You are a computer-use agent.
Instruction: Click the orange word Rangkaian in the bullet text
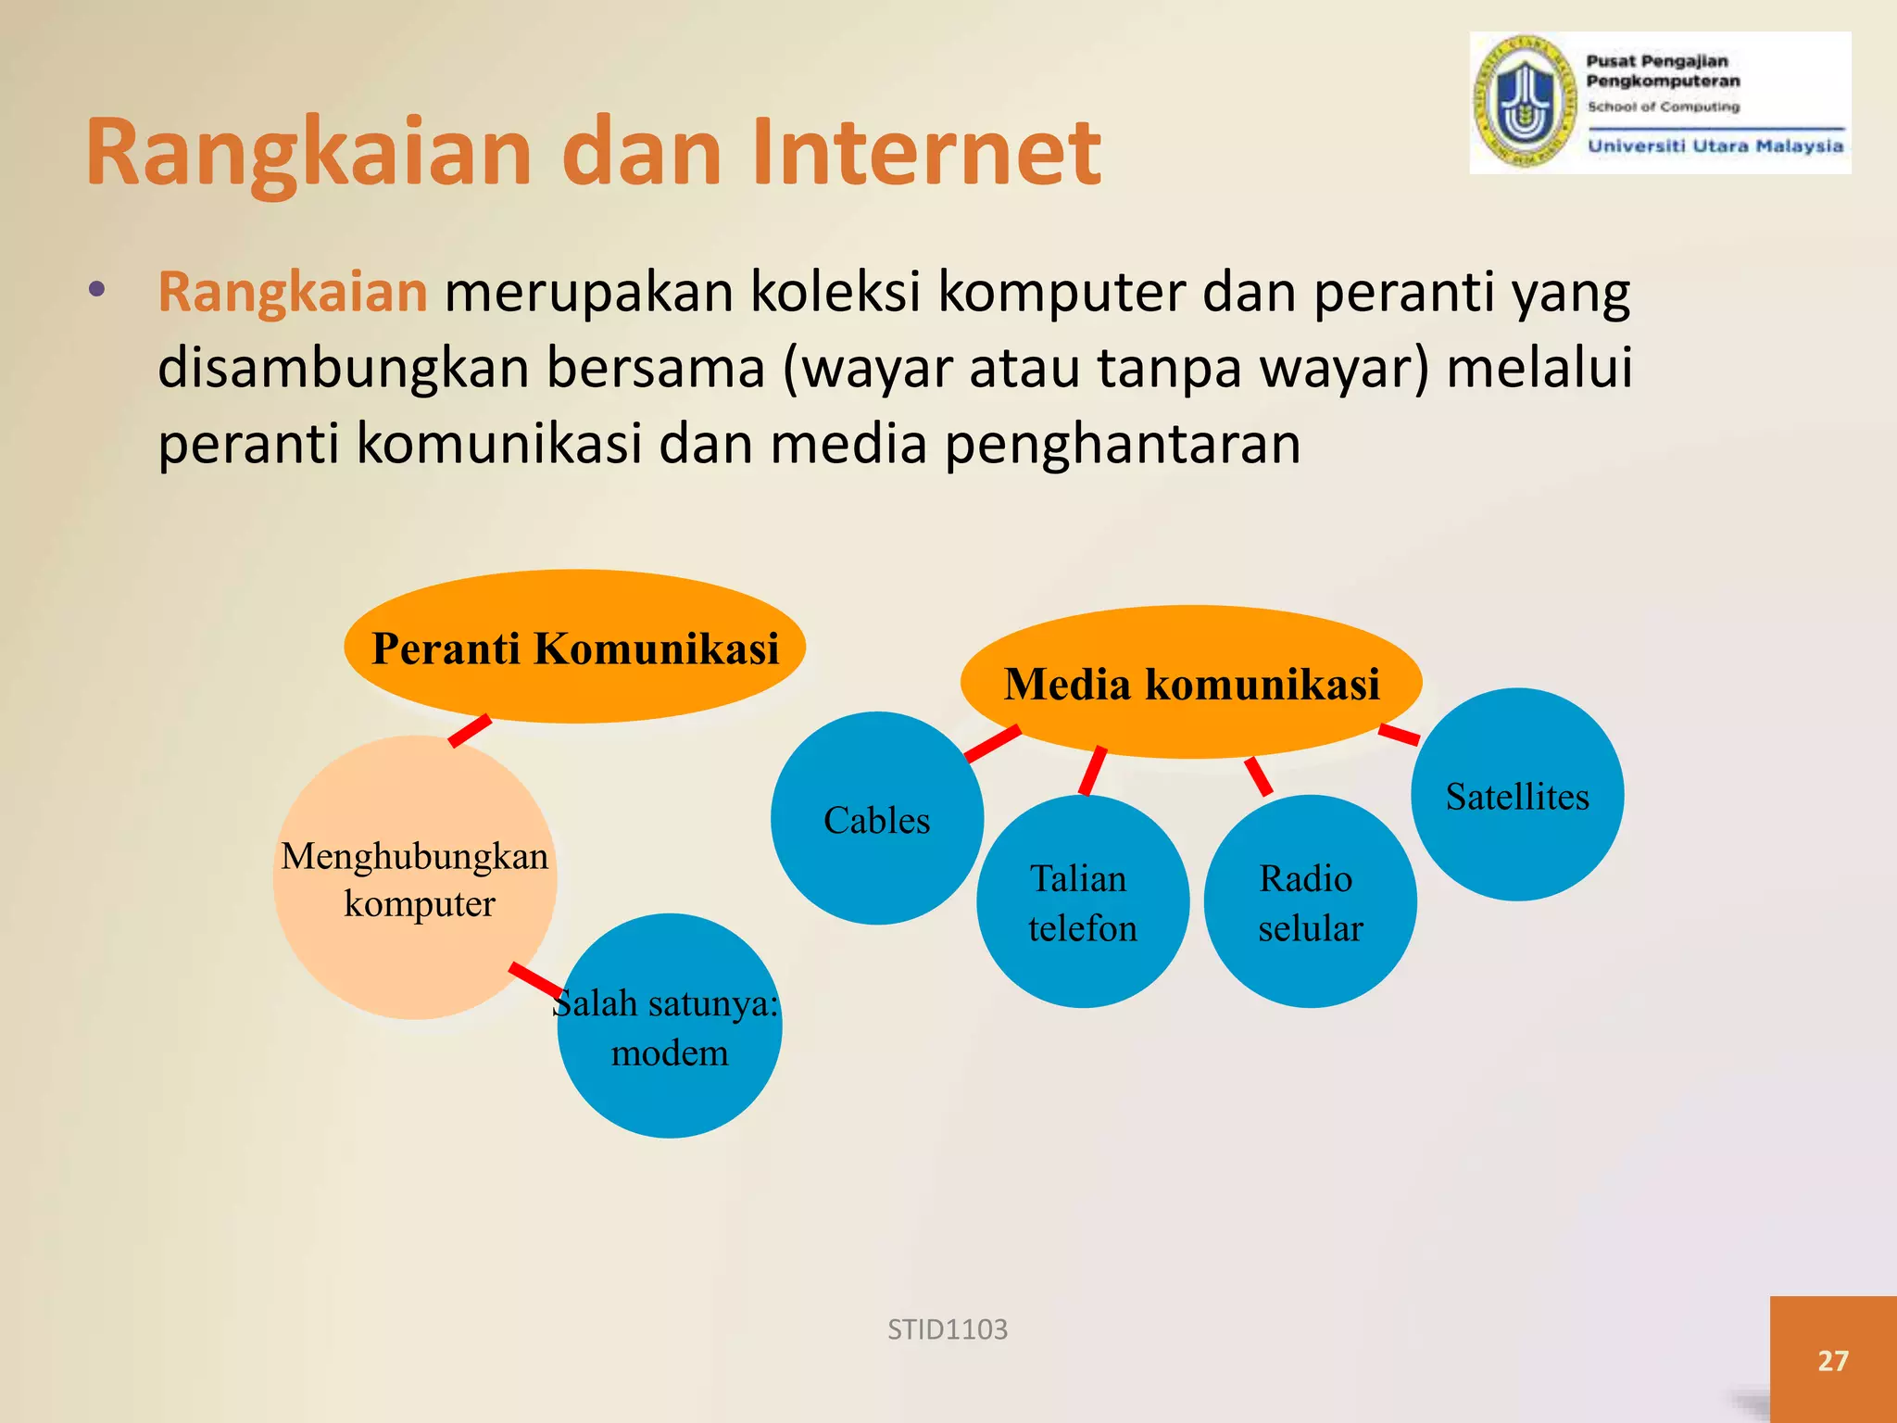coord(293,292)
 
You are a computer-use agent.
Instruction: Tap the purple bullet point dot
coord(97,290)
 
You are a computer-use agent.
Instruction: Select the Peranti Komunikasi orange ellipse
coord(574,647)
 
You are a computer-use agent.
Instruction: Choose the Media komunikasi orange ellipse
coord(1191,684)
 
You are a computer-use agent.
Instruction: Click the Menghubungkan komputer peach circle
coord(415,878)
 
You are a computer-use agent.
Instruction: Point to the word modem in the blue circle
coord(670,1053)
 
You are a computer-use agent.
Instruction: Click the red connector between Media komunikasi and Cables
coord(992,744)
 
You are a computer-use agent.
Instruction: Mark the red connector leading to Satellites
coord(1399,735)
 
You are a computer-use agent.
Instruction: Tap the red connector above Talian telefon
coord(1093,771)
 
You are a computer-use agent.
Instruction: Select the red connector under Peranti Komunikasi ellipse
coord(470,731)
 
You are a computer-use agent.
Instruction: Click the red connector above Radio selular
coord(1258,776)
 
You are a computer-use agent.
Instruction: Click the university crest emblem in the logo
coord(1525,103)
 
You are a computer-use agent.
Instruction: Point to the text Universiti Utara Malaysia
coord(1715,146)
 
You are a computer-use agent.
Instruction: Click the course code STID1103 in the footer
coord(948,1330)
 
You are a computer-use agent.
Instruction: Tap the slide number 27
coord(1833,1360)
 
